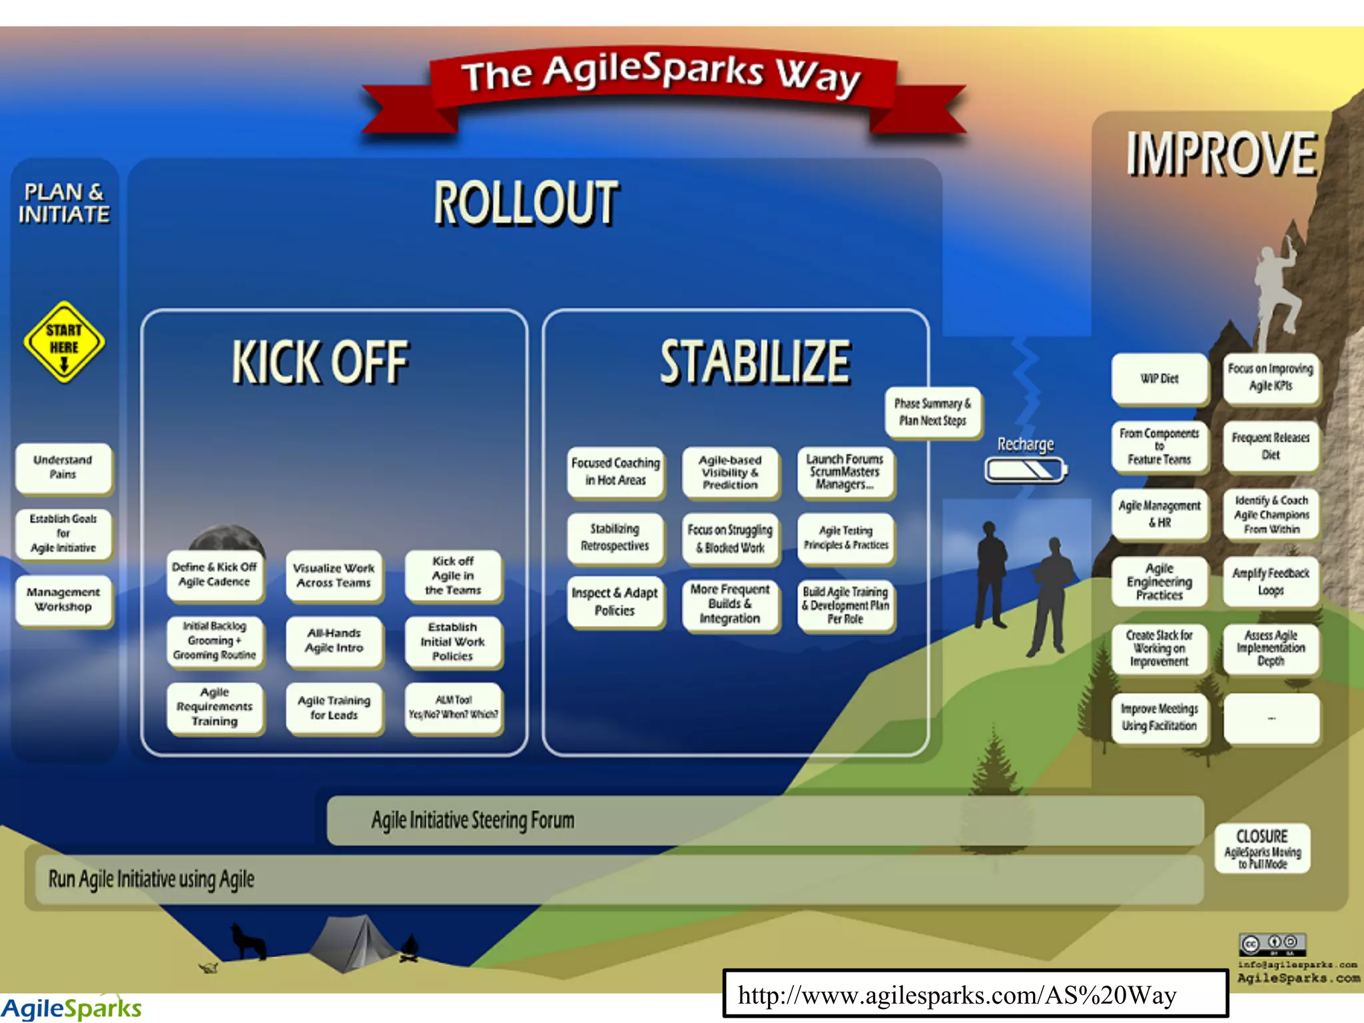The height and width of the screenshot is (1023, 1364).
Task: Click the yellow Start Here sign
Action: tap(64, 341)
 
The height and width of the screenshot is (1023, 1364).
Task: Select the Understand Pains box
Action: tap(63, 468)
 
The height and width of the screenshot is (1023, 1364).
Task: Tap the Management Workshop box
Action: tap(63, 599)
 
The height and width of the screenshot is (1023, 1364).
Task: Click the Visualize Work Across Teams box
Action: tap(334, 575)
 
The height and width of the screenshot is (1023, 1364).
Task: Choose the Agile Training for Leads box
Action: tap(334, 708)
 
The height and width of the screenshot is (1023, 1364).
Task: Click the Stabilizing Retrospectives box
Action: tap(615, 537)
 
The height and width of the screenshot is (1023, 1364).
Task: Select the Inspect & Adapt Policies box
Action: tap(615, 601)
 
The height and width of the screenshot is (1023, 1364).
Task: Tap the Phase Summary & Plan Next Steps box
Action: tap(932, 412)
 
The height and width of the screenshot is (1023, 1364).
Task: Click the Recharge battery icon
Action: tap(1026, 470)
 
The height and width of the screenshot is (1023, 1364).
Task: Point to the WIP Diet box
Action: tap(1159, 379)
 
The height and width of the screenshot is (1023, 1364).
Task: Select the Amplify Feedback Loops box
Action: tap(1271, 581)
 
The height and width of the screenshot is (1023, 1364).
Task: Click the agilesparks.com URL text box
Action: tap(975, 994)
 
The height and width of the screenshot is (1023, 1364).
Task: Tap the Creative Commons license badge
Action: tap(1272, 944)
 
